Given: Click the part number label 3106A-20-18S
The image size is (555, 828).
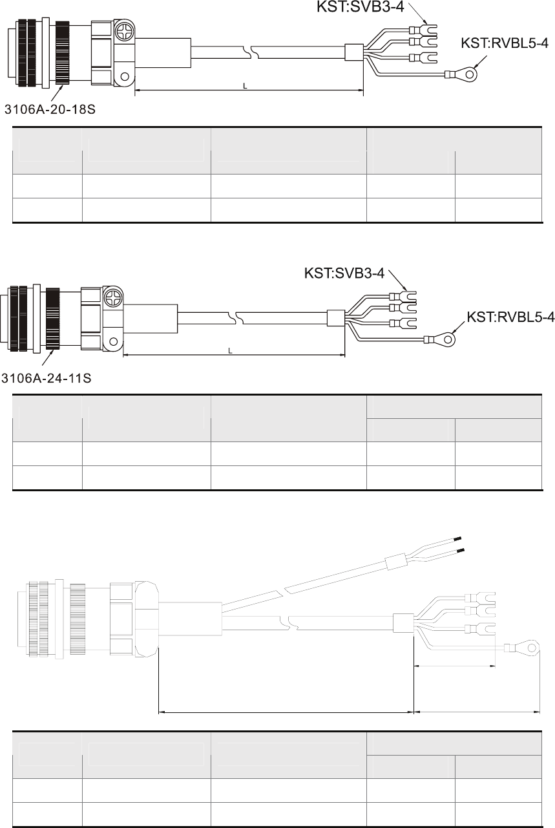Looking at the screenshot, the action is click(x=50, y=109).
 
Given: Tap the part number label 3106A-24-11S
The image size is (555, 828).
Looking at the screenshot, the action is click(x=46, y=378).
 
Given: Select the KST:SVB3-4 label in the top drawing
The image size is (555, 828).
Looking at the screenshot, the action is click(x=361, y=6).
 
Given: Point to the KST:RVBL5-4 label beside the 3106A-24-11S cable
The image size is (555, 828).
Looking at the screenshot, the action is click(x=510, y=317).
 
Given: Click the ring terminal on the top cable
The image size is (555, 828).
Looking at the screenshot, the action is click(x=461, y=74).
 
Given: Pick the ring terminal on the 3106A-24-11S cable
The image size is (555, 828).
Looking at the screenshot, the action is click(x=440, y=339).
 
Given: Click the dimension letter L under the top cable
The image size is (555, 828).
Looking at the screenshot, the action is click(x=245, y=86).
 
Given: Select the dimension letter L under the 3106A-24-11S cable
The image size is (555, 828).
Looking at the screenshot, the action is click(x=230, y=351).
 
